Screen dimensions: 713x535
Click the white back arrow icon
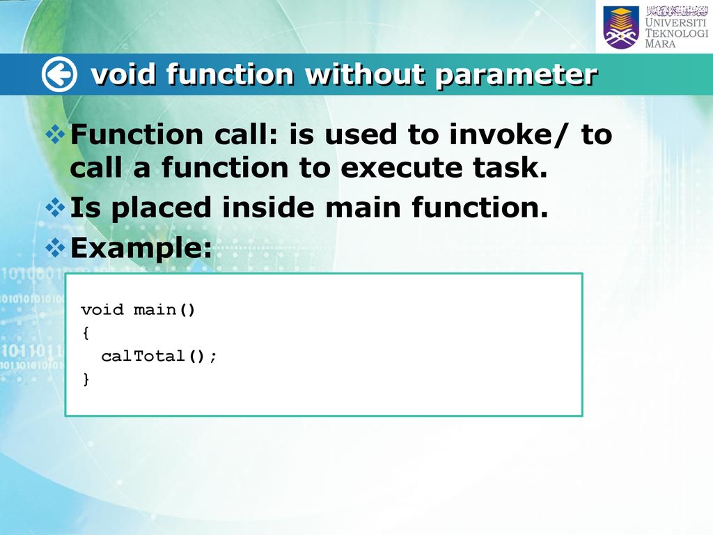click(x=59, y=74)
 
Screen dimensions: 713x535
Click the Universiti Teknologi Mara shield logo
click(x=621, y=27)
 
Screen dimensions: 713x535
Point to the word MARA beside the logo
click(x=660, y=44)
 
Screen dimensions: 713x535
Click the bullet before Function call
click(x=55, y=134)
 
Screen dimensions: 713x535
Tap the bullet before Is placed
click(x=55, y=208)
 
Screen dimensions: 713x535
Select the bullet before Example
click(x=55, y=248)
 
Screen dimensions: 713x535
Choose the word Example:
click(x=141, y=249)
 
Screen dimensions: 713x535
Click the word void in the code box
click(x=102, y=310)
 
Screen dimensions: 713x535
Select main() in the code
click(x=164, y=310)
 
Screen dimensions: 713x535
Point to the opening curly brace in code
click(x=86, y=333)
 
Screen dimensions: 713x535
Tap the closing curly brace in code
click(x=86, y=379)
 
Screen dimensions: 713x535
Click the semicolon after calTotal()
click(x=213, y=357)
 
